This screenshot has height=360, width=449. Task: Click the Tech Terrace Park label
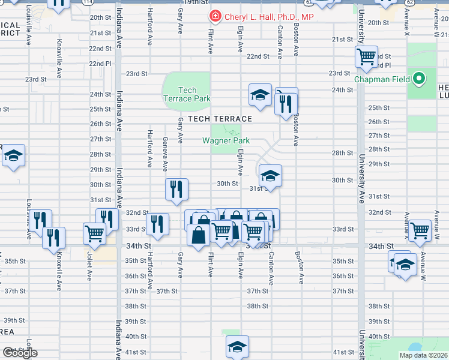pyautogui.click(x=186, y=94)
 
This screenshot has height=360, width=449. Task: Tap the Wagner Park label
pyautogui.click(x=226, y=141)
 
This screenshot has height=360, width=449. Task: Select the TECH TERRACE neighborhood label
pyautogui.click(x=219, y=119)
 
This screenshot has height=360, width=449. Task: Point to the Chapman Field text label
pyautogui.click(x=382, y=79)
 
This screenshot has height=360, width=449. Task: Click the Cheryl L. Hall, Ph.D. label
pyautogui.click(x=270, y=17)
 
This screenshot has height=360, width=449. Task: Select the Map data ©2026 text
pyautogui.click(x=423, y=355)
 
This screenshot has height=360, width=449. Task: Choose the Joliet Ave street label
pyautogui.click(x=89, y=268)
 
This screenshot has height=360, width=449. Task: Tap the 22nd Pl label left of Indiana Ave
pyautogui.click(x=100, y=63)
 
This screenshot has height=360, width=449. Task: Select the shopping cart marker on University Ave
pyautogui.click(x=366, y=58)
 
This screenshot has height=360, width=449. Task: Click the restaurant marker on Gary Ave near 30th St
pyautogui.click(x=177, y=190)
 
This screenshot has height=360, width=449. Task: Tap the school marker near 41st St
pyautogui.click(x=237, y=346)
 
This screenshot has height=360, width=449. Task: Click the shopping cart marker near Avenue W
pyautogui.click(x=420, y=229)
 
